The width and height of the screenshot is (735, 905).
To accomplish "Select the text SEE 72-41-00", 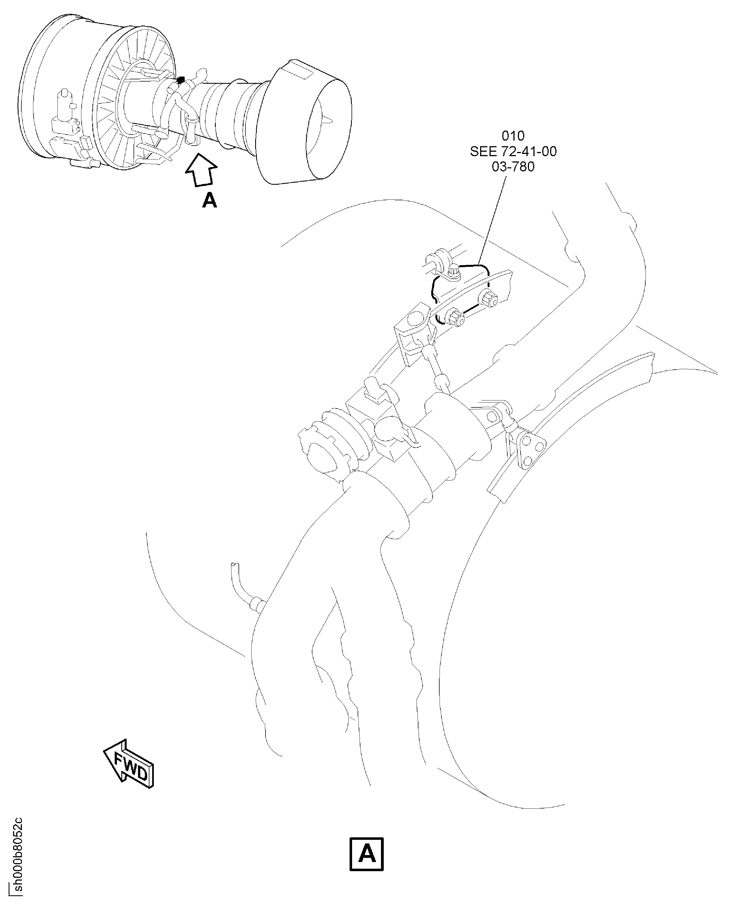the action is tap(513, 151).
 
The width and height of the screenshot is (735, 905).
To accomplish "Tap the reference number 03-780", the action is tap(513, 167).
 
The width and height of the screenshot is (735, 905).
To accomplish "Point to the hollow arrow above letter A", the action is tap(201, 169).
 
